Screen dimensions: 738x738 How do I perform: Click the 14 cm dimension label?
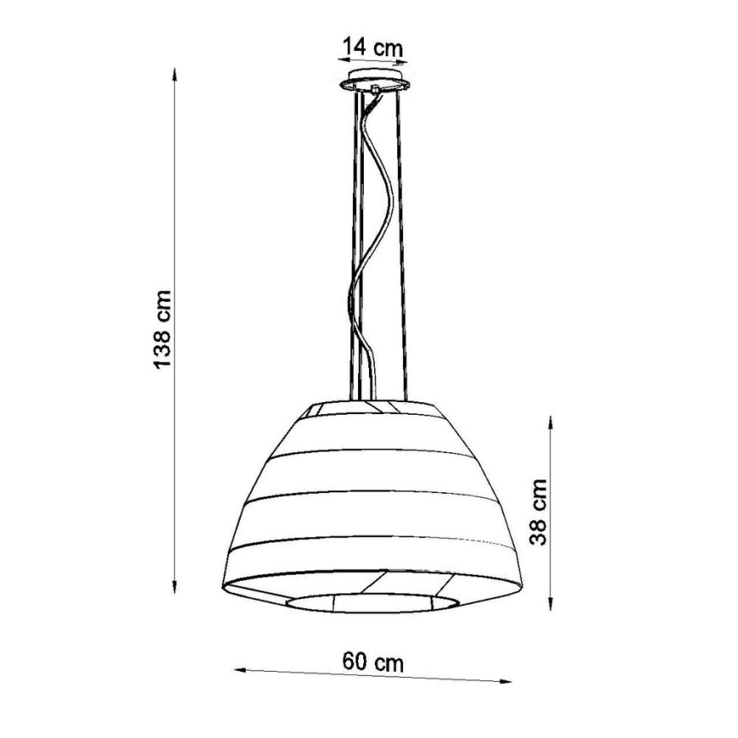click(x=372, y=47)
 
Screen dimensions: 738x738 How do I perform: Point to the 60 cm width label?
click(x=373, y=661)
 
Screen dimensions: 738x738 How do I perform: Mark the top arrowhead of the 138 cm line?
click(x=175, y=74)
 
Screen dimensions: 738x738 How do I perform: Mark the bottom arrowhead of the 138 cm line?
click(x=175, y=587)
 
